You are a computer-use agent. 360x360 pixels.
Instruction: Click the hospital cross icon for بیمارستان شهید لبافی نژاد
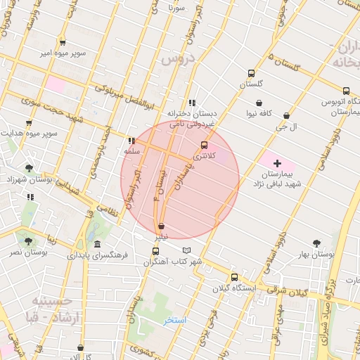[x=277, y=163]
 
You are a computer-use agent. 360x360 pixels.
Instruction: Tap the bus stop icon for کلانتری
[x=205, y=145]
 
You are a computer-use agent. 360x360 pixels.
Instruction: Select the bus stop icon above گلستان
[x=251, y=73]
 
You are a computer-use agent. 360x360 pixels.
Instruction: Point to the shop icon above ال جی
[x=286, y=116]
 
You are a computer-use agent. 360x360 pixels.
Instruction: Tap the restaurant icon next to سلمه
[x=131, y=141]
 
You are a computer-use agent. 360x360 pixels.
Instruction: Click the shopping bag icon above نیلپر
[x=162, y=226]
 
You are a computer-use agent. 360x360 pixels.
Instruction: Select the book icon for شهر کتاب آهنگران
[x=186, y=250]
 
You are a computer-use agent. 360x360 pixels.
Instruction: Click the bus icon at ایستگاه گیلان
[x=234, y=277]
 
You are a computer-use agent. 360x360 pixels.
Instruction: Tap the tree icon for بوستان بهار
[x=316, y=243]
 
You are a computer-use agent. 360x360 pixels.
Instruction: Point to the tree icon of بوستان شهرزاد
[x=29, y=168]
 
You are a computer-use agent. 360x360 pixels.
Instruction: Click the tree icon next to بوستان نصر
[x=28, y=240]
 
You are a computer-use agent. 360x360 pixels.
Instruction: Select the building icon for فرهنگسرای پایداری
[x=97, y=244]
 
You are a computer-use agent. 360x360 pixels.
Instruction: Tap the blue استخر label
[x=176, y=320]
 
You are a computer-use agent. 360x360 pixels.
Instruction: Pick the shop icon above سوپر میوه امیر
[x=63, y=42]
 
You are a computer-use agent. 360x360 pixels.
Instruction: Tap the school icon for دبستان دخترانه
[x=192, y=103]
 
